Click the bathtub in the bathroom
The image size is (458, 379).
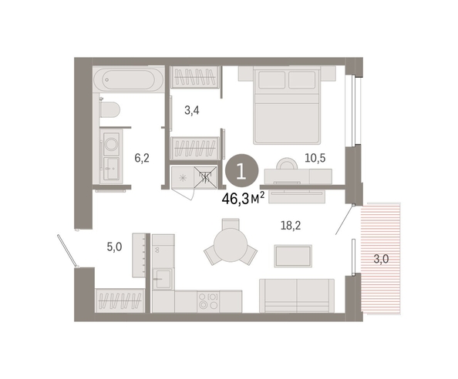129,79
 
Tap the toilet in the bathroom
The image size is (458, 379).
109,109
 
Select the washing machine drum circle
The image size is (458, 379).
111,144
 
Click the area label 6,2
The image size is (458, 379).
142,158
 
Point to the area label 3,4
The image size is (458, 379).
192,110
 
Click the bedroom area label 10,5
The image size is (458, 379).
315,158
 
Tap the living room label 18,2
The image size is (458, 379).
291,226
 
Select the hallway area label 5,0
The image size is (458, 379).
114,247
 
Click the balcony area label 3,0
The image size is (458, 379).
381,259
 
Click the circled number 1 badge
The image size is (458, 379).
242,171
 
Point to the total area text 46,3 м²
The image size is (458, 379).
244,199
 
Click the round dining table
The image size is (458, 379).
231,244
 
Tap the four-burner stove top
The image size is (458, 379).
208,301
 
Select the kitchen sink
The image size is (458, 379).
163,279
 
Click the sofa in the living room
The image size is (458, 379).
297,296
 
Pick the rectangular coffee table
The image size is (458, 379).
293,256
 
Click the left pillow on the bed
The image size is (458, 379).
271,79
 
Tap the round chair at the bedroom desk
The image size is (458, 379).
287,163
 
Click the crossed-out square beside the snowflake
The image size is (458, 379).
206,176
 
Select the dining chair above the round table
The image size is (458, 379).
231,224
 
